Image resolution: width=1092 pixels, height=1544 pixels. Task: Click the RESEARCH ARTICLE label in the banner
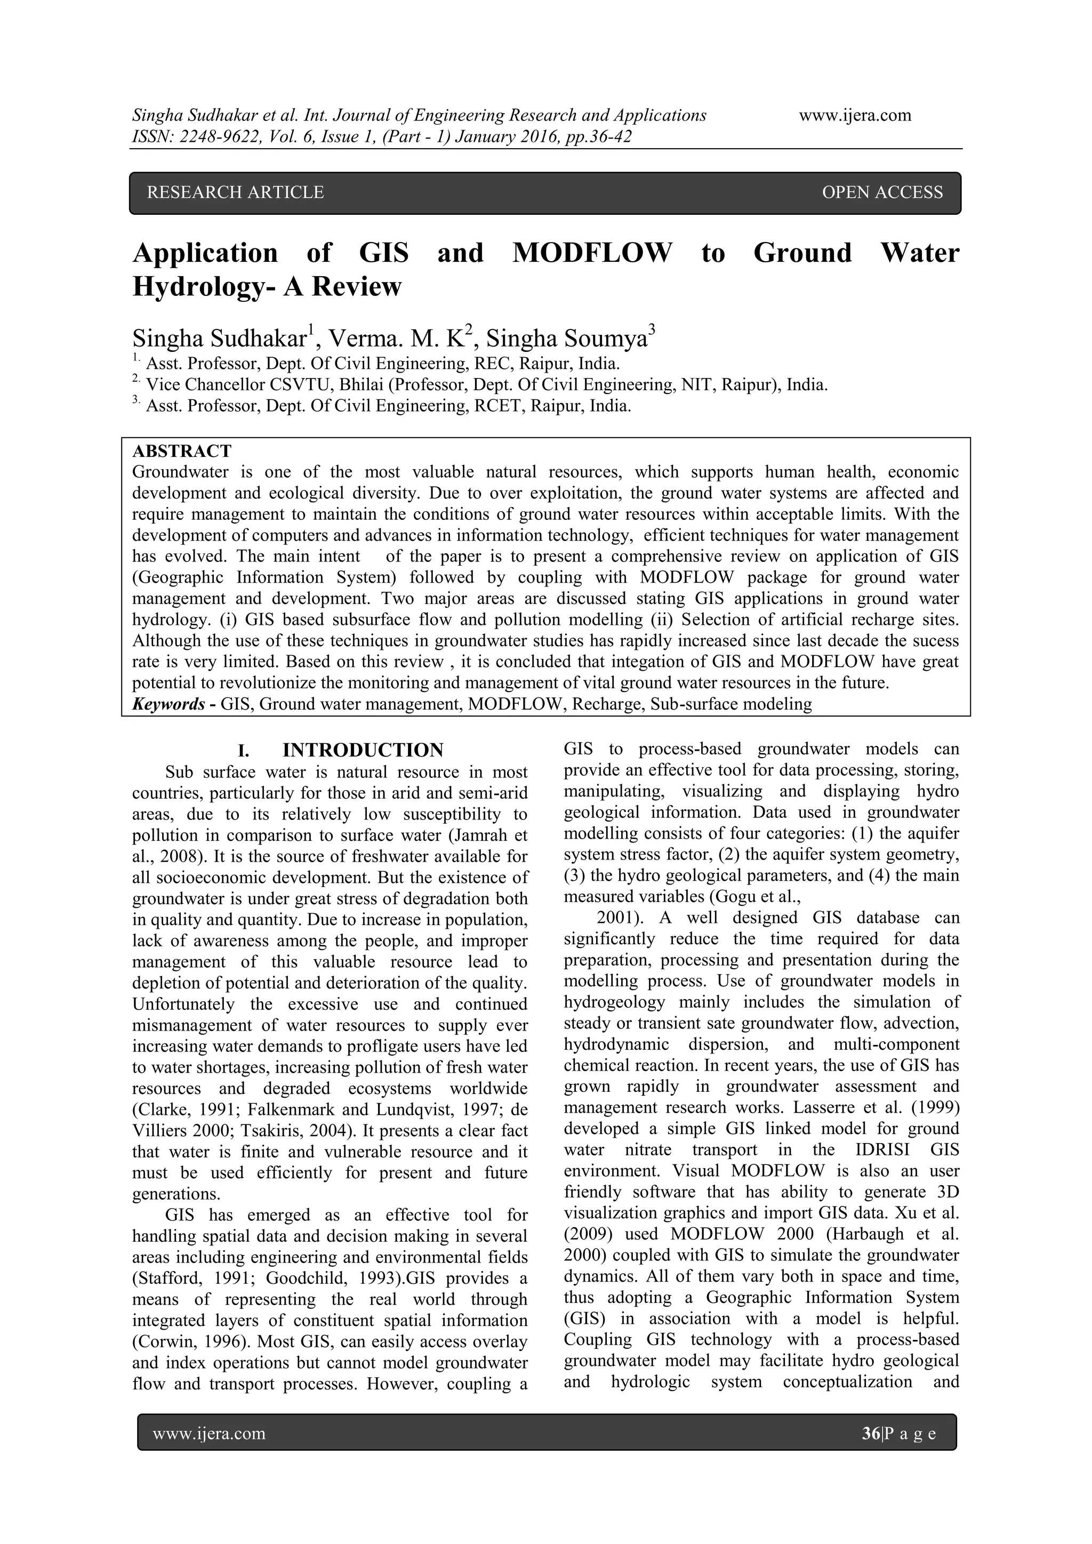(235, 193)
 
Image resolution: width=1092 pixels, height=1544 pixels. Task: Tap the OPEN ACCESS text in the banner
(882, 193)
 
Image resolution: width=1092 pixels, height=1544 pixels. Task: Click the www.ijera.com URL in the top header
(855, 116)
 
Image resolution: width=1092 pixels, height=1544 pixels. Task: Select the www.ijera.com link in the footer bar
(209, 1434)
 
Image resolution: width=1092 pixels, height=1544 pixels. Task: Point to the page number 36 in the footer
(871, 1434)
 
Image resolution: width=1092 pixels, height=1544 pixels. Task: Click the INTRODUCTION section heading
(363, 750)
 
